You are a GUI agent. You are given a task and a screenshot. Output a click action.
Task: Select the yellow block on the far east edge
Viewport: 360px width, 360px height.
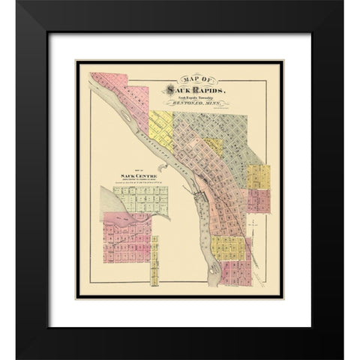259,178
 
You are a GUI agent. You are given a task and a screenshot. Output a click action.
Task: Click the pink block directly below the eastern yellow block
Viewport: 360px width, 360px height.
259,201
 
